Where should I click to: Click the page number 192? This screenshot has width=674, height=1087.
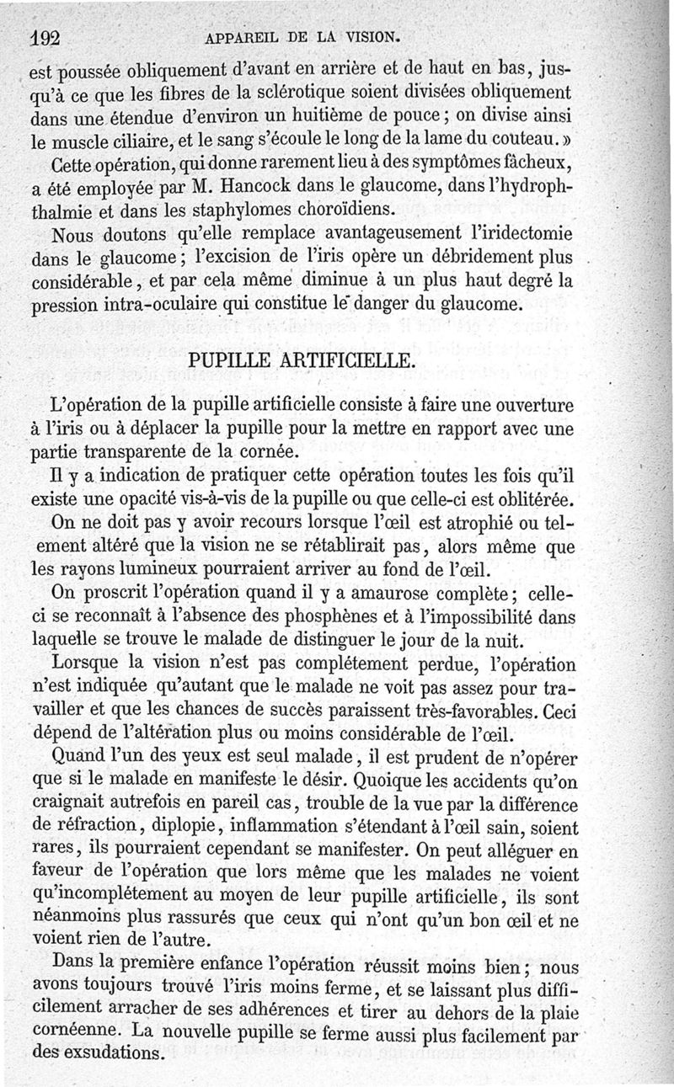tap(48, 37)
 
